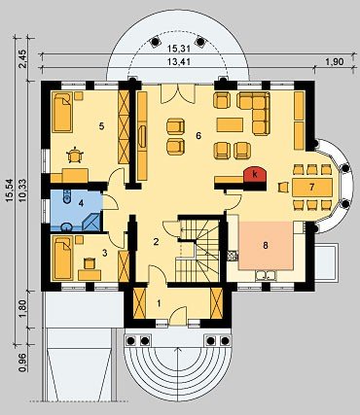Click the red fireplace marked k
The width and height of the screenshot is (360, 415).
(255, 175)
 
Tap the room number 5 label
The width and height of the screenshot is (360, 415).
(102, 126)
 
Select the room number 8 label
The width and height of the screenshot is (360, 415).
(266, 246)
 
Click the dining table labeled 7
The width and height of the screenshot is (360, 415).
(312, 188)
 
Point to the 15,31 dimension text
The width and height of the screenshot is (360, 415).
(179, 49)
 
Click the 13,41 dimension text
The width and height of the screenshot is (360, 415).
(179, 61)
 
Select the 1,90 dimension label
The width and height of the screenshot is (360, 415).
(334, 61)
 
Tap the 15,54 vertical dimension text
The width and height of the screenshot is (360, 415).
(10, 190)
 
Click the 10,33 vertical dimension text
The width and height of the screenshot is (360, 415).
(22, 190)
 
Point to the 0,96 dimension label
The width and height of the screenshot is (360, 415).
(22, 363)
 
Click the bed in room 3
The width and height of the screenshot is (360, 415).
(62, 258)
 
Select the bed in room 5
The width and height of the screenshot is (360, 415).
(62, 113)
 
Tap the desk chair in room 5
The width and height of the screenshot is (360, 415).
(75, 155)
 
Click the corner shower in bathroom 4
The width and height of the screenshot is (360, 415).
(92, 222)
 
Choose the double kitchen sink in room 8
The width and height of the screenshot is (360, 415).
(266, 275)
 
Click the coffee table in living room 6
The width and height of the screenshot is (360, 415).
(230, 124)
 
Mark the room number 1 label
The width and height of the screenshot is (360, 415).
(159, 303)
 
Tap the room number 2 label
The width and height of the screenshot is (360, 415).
(156, 241)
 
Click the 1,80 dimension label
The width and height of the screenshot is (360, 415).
(22, 308)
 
